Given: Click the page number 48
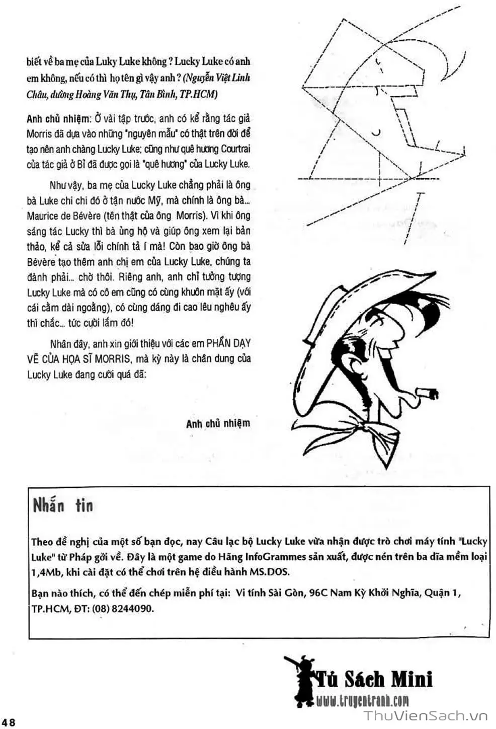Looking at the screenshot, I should pos(9,722).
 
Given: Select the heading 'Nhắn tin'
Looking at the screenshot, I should pos(63,505).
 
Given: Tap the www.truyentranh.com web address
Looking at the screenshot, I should pos(363,700).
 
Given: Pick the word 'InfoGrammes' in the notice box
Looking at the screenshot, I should pos(276,557).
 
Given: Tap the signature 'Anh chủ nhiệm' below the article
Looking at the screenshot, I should pos(218,423).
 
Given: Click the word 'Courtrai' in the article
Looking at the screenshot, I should pos(233,149).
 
